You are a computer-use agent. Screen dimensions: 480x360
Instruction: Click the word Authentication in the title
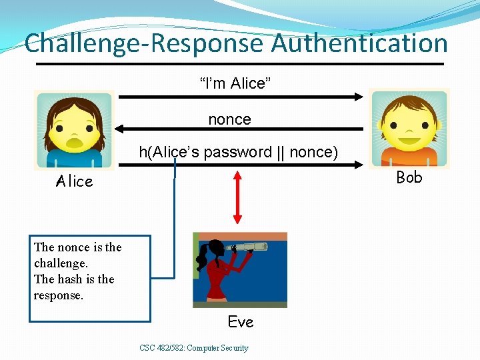point(359,43)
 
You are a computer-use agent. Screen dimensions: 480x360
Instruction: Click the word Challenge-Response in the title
point(144,43)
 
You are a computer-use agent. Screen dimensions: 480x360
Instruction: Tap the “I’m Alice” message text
point(235,83)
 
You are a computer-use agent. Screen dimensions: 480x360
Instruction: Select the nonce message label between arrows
point(229,119)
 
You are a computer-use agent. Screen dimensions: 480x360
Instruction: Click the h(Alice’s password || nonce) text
point(238,152)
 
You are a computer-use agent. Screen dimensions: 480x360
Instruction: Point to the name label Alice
point(75,181)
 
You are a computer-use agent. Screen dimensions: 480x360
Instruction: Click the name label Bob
point(409,177)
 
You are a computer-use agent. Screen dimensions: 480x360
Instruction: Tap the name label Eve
point(241,322)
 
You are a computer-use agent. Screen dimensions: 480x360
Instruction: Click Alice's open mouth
point(75,143)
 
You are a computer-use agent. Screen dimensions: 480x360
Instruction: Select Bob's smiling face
point(409,131)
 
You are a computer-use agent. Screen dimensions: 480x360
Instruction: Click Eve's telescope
point(251,247)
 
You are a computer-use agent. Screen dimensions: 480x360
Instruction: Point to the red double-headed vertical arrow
point(237,197)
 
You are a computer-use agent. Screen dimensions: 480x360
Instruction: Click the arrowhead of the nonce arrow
point(120,129)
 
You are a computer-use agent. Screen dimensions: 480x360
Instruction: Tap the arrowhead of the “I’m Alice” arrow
point(359,97)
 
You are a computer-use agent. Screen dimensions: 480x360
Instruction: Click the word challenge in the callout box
point(61,263)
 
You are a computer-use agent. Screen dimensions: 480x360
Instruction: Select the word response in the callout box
point(59,295)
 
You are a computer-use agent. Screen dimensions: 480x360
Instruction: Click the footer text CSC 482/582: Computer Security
point(194,347)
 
